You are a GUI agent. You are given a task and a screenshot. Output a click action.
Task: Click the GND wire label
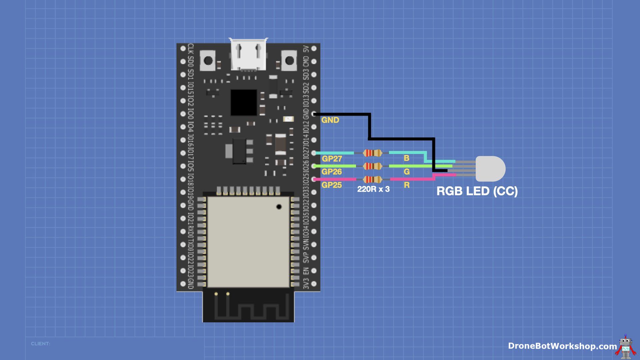(x=330, y=120)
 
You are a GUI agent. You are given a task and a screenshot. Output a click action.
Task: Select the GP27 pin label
(x=332, y=159)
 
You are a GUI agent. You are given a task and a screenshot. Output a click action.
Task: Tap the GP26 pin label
(x=332, y=172)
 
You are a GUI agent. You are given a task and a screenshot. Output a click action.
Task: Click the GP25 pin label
(x=332, y=185)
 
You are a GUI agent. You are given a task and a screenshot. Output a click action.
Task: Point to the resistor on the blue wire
(x=372, y=153)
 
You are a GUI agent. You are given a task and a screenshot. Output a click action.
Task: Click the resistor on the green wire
(x=372, y=166)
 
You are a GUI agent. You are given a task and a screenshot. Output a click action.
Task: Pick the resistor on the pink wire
(x=372, y=179)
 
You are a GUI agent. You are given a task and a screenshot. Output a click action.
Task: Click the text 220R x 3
(x=373, y=189)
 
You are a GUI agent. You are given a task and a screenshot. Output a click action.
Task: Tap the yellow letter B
(x=406, y=158)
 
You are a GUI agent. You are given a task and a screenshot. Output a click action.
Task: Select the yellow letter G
(x=407, y=172)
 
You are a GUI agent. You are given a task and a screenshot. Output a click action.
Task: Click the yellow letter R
(x=407, y=185)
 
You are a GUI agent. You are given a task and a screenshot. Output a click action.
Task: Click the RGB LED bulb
(x=490, y=169)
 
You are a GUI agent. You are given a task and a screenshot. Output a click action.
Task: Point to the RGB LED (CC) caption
(x=477, y=191)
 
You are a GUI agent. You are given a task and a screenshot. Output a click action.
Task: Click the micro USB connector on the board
(x=248, y=55)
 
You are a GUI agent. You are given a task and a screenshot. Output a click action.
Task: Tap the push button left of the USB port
(x=208, y=61)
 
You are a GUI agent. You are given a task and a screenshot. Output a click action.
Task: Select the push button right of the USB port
(x=289, y=61)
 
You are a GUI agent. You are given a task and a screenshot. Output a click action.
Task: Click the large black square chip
(x=244, y=102)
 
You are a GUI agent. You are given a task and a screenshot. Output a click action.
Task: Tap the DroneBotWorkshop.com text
(x=562, y=346)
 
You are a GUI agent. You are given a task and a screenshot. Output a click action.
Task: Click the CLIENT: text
(x=41, y=344)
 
